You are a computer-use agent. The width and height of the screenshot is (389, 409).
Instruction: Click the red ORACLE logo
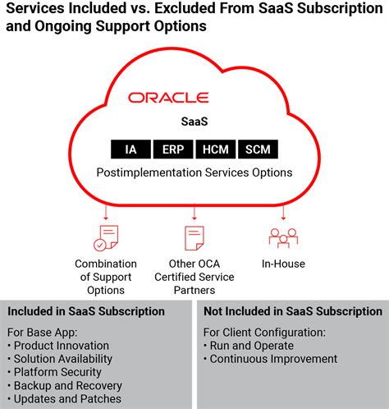tap(168, 98)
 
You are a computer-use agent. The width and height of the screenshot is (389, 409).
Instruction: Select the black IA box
tap(131, 149)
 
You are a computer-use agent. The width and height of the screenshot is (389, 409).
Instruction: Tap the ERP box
tap(172, 149)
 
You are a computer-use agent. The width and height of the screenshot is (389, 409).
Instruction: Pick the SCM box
tap(257, 149)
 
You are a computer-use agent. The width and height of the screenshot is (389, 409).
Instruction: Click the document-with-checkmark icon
tap(106, 237)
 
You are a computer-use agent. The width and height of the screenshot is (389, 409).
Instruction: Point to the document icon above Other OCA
tap(194, 237)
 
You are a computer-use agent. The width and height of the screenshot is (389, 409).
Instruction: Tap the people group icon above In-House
tap(283, 237)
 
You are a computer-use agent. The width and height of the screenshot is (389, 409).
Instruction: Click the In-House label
tap(283, 264)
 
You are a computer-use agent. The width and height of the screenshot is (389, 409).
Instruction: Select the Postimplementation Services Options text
tap(194, 172)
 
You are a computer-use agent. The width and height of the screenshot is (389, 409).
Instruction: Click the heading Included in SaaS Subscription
tap(86, 311)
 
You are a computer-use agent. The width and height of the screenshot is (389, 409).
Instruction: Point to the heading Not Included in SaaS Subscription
tap(293, 311)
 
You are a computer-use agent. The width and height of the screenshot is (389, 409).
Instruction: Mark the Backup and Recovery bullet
tap(65, 385)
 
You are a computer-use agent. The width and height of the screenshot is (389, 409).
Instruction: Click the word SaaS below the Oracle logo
tap(194, 121)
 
